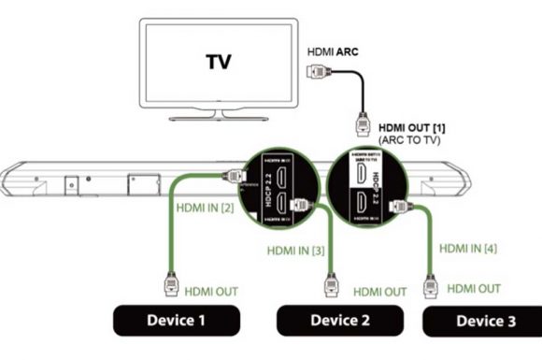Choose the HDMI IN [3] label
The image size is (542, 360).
[x=294, y=251]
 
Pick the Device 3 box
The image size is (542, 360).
[x=482, y=321]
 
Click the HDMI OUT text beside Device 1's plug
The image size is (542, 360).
[x=216, y=292]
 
